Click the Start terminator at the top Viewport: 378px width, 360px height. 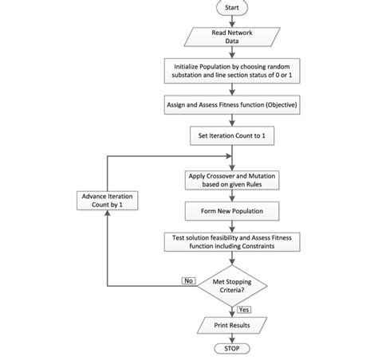point(231,7)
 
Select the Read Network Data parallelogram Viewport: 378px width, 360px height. point(231,37)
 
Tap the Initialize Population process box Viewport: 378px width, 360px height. point(231,70)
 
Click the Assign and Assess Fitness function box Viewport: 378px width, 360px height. point(231,104)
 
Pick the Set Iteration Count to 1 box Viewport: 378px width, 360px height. point(231,136)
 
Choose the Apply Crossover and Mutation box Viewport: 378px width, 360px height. point(231,179)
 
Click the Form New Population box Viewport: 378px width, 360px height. point(231,211)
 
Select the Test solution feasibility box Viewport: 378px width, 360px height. point(231,243)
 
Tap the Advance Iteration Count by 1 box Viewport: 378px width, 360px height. point(107,199)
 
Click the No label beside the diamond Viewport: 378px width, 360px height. point(189,280)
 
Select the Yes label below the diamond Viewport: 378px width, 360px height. point(244,310)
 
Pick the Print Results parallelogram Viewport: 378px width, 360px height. point(231,326)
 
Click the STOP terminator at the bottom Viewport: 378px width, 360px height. point(231,349)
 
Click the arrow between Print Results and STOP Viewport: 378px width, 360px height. point(231,338)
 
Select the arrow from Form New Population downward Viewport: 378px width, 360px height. point(231,225)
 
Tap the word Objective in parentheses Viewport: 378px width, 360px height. point(274,104)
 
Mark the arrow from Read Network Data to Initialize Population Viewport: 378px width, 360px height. point(231,53)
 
